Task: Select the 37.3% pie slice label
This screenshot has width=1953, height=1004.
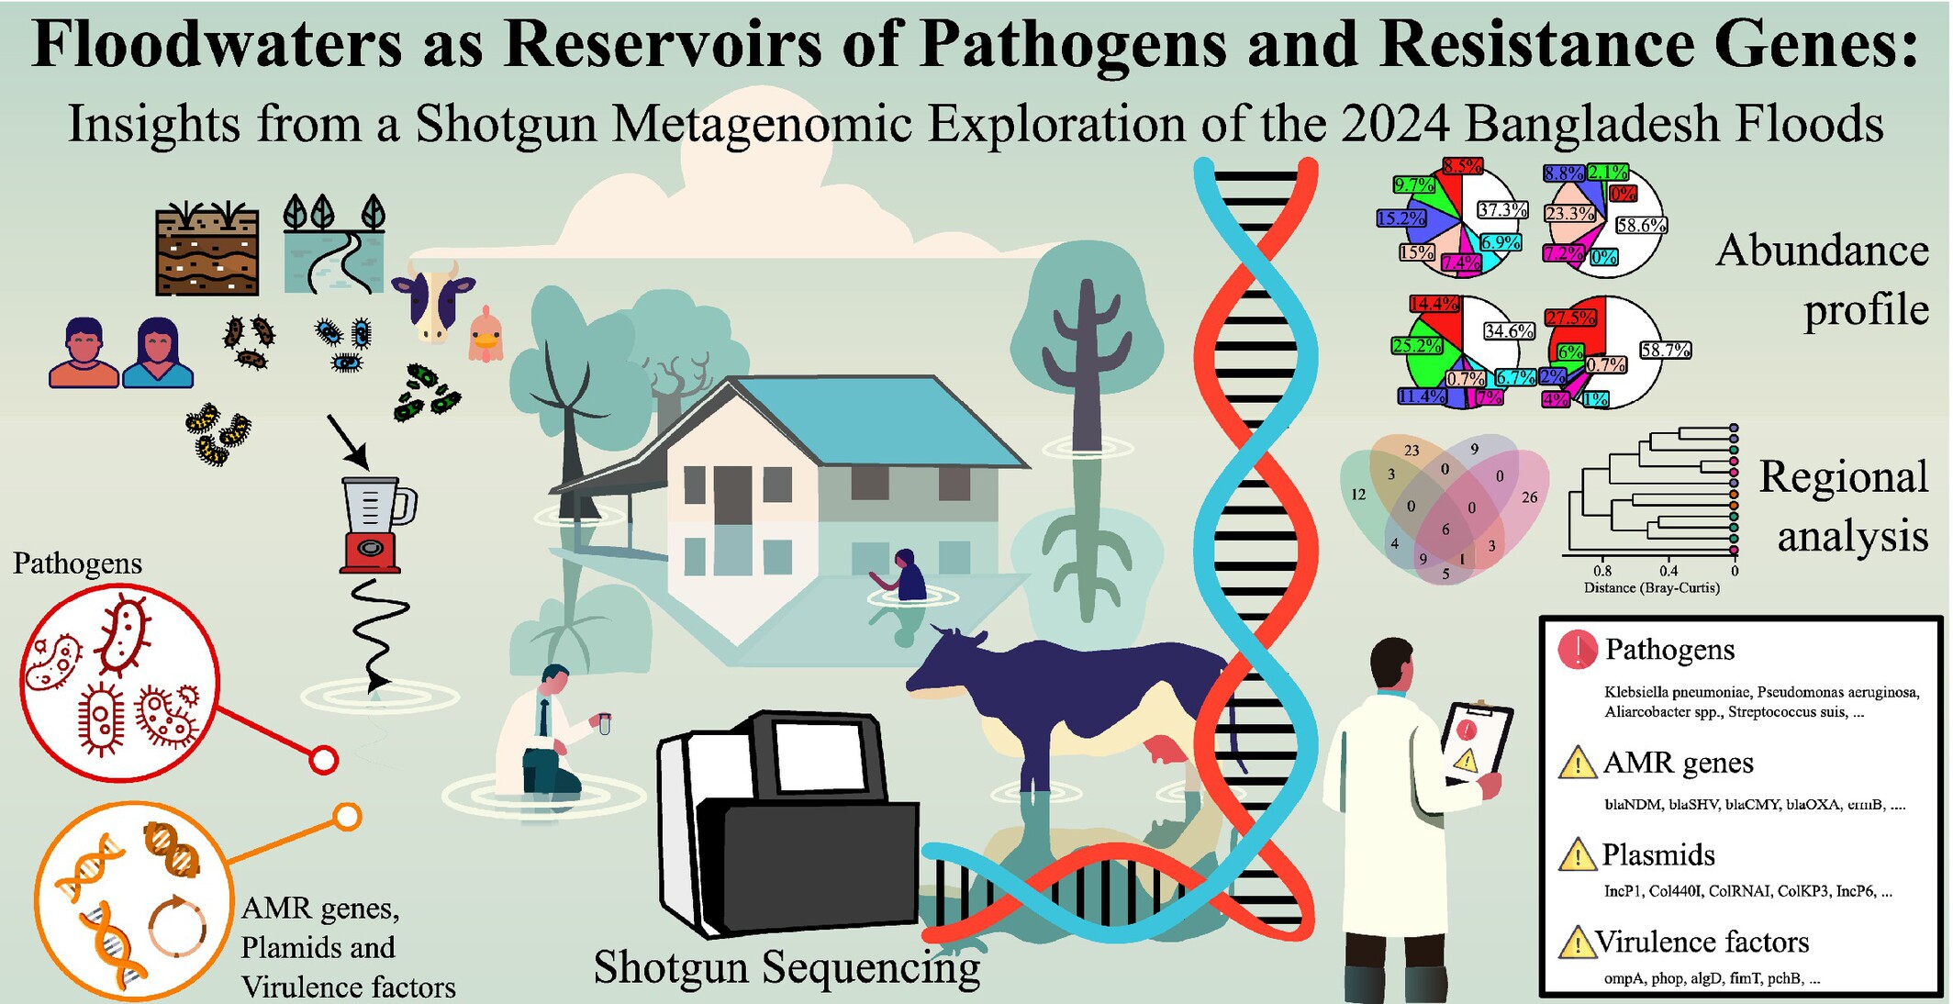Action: pos(1501,210)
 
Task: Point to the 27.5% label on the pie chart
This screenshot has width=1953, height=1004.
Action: pos(1570,318)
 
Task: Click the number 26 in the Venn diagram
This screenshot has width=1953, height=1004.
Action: pos(1529,497)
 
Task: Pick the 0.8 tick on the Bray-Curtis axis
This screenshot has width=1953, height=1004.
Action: pos(1601,571)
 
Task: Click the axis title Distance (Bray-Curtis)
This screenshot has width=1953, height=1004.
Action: pos(1651,587)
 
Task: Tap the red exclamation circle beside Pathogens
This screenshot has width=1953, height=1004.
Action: pos(1577,650)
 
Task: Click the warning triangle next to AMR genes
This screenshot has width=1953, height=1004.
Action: pos(1577,764)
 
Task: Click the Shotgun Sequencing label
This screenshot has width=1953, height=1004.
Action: pos(787,967)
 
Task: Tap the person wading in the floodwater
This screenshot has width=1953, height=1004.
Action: pos(908,576)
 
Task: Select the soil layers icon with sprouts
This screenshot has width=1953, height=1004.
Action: pos(206,250)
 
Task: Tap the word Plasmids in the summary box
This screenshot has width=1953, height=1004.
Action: pos(1658,855)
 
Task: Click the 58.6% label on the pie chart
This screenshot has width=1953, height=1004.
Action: pos(1640,225)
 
